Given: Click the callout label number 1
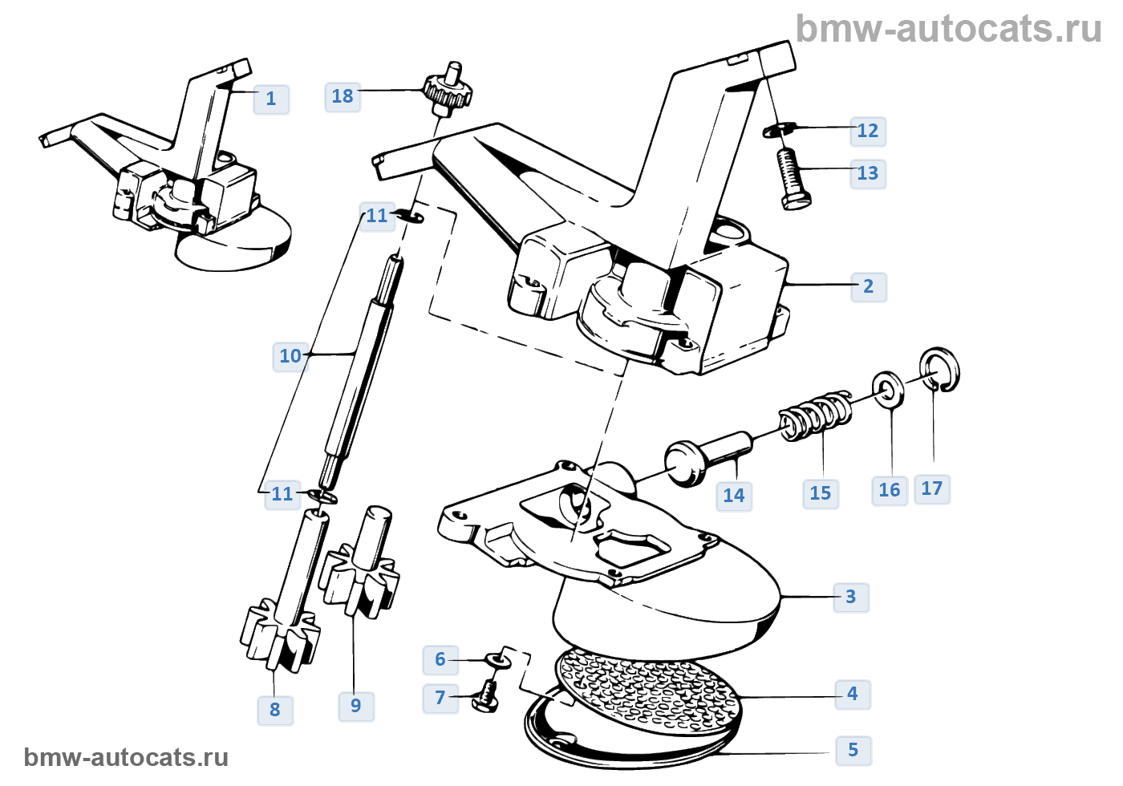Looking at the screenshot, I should [271, 99].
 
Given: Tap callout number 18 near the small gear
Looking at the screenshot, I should [343, 96].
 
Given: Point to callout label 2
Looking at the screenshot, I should [868, 286].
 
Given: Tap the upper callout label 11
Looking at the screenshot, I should [377, 216].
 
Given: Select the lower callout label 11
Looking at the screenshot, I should [282, 494].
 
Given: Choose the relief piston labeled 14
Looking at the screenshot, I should [706, 457].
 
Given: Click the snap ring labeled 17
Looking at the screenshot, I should [939, 371].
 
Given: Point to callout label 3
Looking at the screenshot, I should [851, 597].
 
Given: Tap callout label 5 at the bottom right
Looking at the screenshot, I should [853, 750].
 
